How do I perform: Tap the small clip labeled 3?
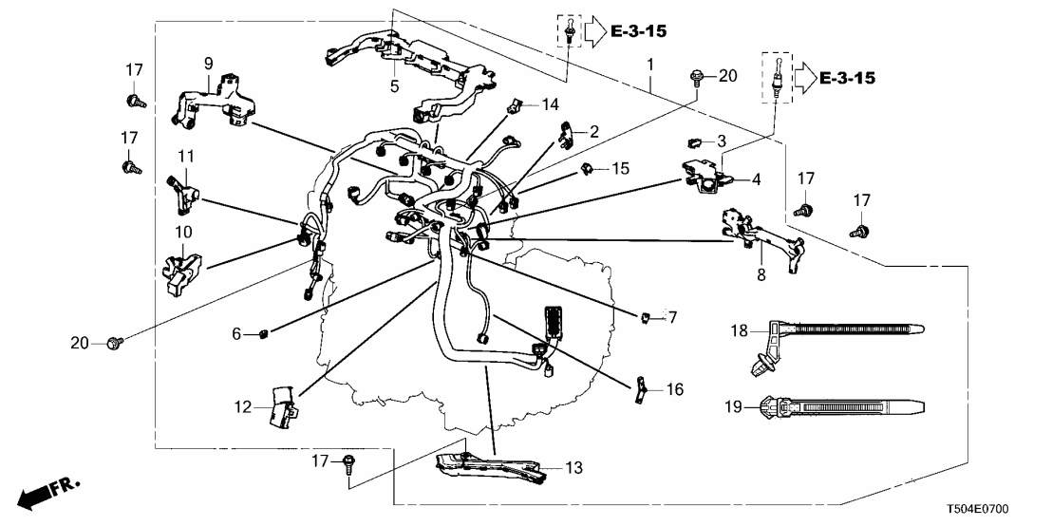(694, 143)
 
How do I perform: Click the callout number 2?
(593, 131)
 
